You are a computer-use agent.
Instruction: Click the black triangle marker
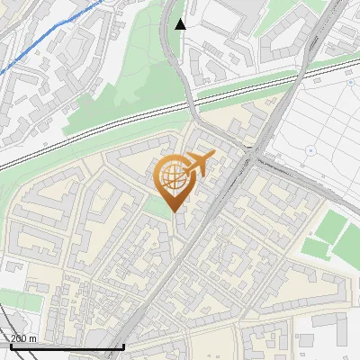[181, 24]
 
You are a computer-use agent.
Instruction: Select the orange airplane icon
[196, 165]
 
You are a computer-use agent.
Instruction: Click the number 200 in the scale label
[20, 338]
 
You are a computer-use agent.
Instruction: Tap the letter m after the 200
[33, 338]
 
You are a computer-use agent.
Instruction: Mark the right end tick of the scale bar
[123, 346]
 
